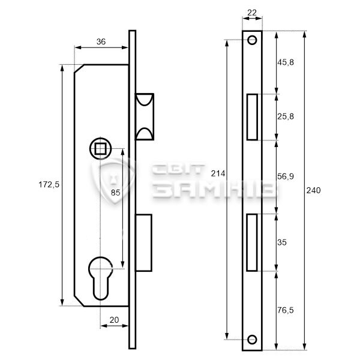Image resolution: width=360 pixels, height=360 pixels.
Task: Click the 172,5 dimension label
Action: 49,184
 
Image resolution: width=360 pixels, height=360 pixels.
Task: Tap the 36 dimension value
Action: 101,41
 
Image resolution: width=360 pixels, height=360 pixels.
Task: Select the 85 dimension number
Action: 115,193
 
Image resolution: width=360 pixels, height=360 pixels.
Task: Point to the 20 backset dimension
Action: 115,320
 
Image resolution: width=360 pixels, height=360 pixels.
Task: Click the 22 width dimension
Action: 252,13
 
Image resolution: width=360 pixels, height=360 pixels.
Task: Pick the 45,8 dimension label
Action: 286,62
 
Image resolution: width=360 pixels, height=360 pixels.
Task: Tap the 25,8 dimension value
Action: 286,116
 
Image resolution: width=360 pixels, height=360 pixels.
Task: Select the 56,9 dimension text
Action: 286,176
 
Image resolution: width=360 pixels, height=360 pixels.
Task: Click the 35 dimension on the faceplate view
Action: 282,242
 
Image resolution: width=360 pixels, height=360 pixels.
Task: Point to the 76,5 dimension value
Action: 286,310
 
